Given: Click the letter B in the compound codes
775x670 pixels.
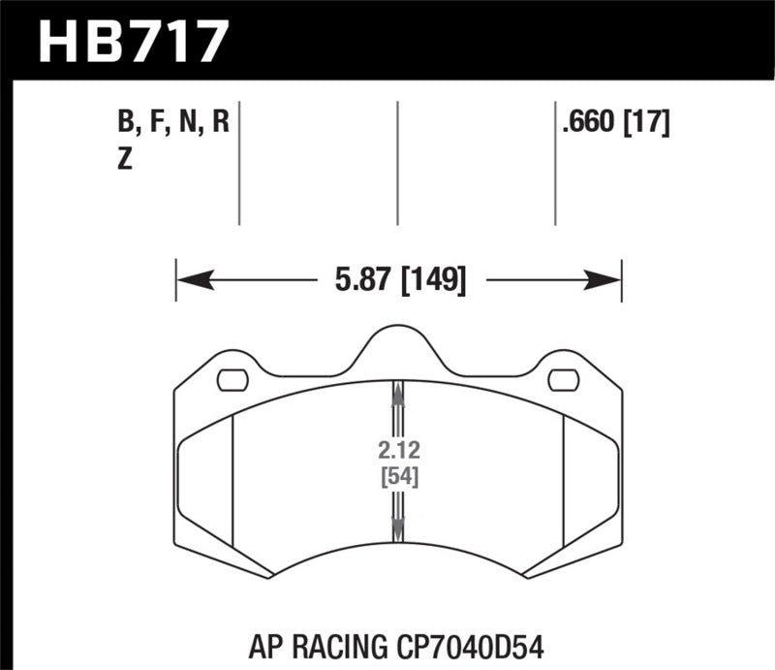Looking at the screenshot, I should (123, 124).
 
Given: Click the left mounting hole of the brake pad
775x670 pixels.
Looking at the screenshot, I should (233, 380).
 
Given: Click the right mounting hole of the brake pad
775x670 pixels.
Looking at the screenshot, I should (563, 380).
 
